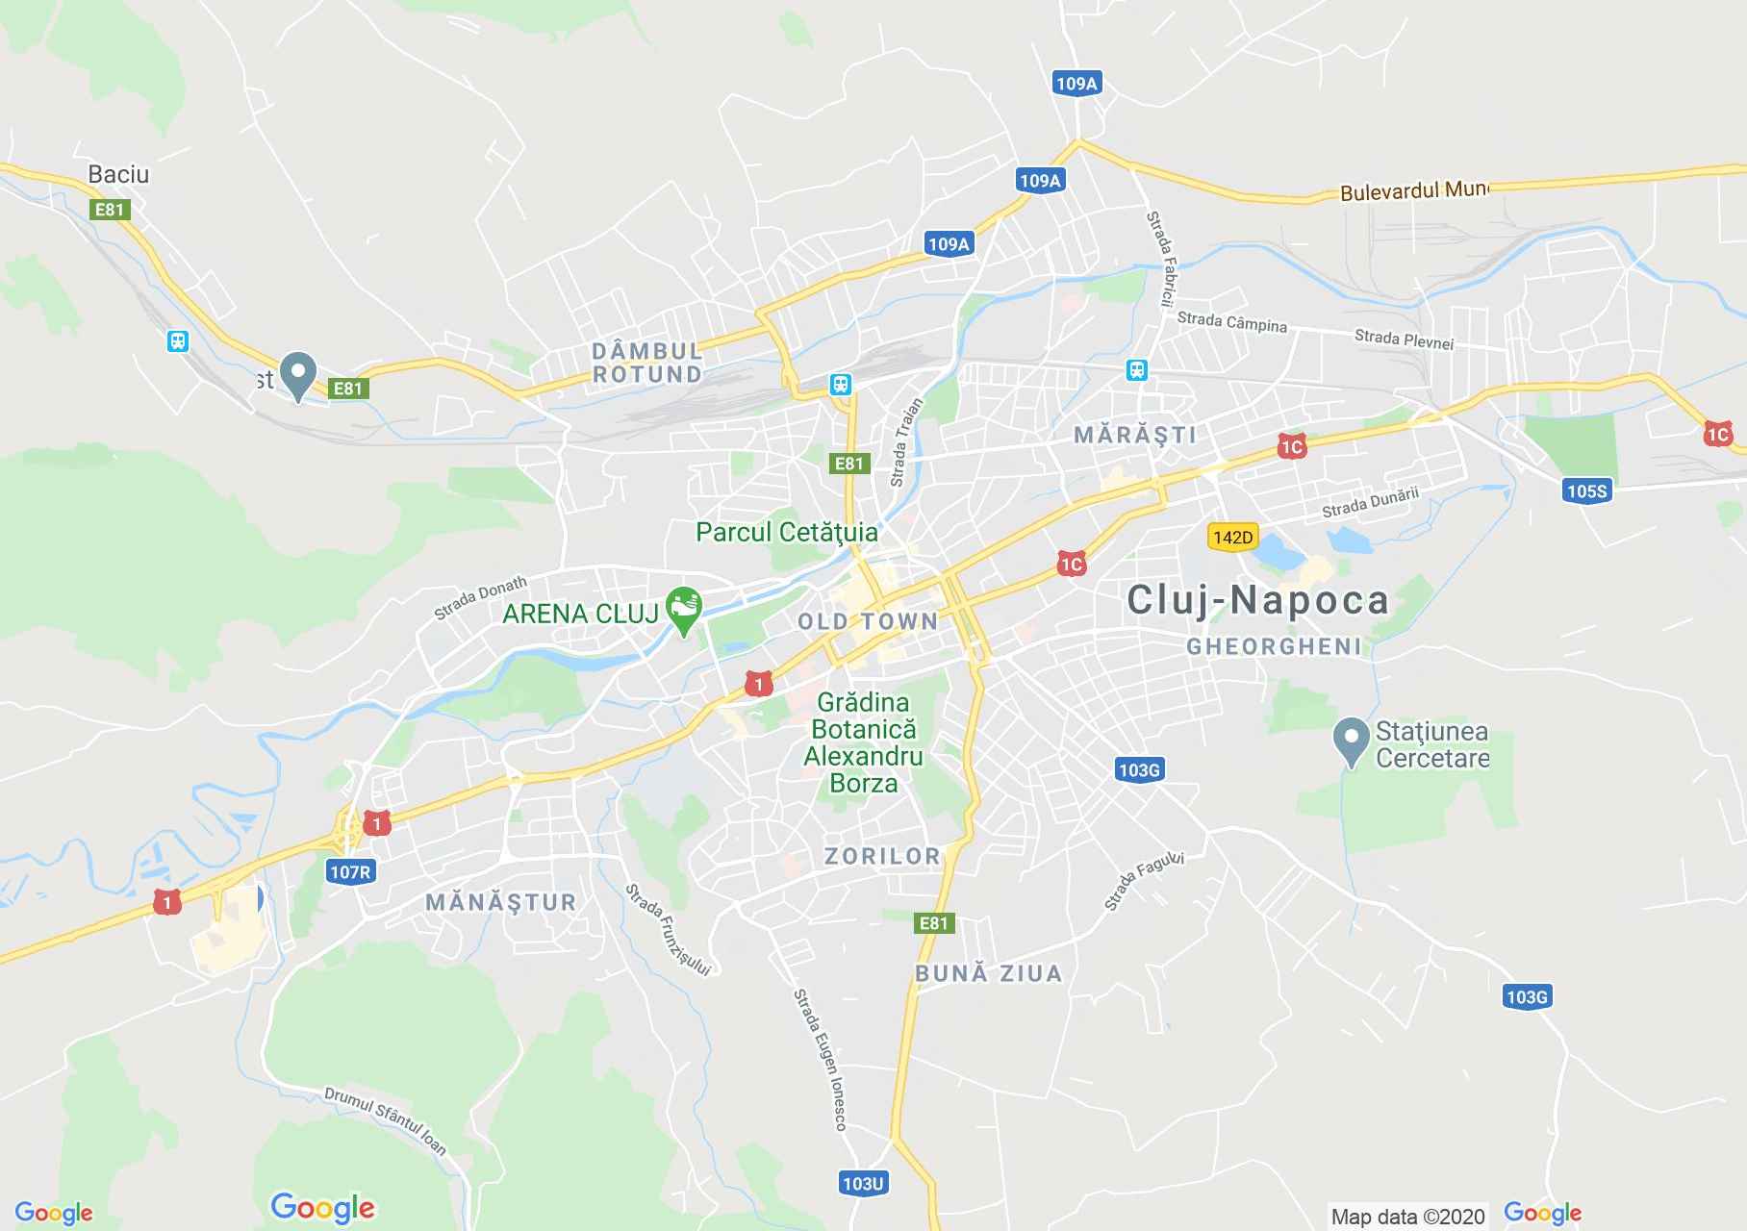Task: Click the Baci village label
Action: (118, 174)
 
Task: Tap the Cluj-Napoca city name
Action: (1257, 600)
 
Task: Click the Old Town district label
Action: (868, 621)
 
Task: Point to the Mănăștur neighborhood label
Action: (500, 902)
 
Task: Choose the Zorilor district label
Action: (882, 856)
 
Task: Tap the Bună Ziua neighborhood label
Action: (988, 973)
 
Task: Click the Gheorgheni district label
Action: (1274, 646)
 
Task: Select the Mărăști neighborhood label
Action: (1135, 435)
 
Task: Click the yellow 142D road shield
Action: (1232, 537)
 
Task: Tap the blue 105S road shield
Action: (1586, 491)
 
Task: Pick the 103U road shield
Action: (862, 1183)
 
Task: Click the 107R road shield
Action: (349, 872)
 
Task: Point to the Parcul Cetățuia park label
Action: (786, 532)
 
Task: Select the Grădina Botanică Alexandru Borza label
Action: (863, 742)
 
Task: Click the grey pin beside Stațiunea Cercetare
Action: (1351, 741)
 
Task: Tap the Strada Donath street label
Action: (480, 597)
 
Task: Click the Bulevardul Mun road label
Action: (1413, 190)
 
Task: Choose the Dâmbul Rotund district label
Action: (646, 363)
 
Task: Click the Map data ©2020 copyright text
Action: (1407, 1217)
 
